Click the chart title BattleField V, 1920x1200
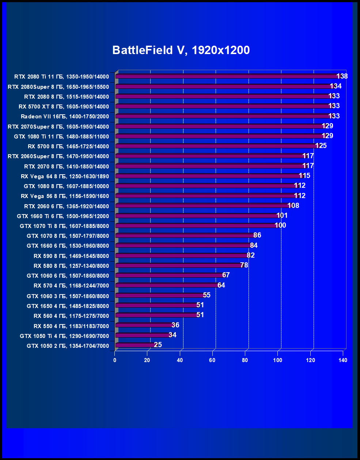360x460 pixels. click(181, 50)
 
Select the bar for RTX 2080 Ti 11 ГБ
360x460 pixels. click(227, 77)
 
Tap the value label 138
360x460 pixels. click(342, 76)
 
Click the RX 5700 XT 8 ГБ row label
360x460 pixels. click(64, 107)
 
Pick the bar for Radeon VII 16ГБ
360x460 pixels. click(223, 117)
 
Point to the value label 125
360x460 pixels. click(321, 146)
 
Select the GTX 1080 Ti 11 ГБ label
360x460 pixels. click(61, 137)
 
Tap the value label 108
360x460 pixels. click(293, 206)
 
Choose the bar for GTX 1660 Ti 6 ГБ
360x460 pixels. click(197, 216)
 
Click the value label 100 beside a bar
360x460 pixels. click(280, 225)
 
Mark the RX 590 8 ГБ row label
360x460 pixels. click(71, 256)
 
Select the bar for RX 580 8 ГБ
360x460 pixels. click(179, 266)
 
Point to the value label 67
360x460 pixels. click(226, 275)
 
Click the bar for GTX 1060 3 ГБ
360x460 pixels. click(160, 296)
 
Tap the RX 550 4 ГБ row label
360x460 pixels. click(71, 326)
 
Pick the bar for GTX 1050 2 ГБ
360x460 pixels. click(135, 345)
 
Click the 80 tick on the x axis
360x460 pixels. click(245, 360)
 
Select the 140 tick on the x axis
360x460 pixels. click(342, 360)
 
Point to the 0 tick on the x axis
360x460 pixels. click(115, 360)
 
